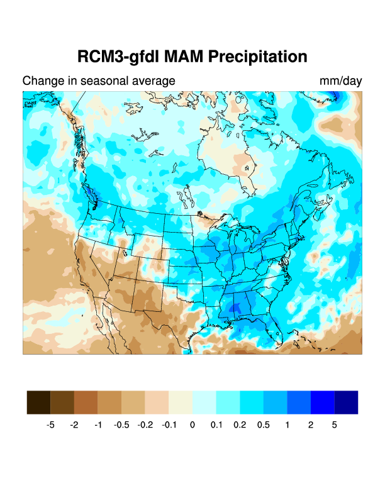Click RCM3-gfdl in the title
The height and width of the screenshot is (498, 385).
(x=118, y=57)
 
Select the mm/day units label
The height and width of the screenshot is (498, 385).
(x=340, y=81)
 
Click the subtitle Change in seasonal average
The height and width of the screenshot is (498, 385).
(x=99, y=81)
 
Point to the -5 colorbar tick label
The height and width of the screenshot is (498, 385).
(x=50, y=425)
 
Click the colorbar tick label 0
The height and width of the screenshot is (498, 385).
(x=192, y=425)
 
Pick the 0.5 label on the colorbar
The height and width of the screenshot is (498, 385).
(x=264, y=425)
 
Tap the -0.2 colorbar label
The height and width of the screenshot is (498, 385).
(x=145, y=425)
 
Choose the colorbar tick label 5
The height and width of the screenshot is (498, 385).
(x=335, y=425)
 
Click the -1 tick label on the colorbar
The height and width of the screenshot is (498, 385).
(x=98, y=425)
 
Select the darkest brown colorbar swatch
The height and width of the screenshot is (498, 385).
(x=38, y=402)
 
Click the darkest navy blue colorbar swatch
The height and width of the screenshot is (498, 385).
(x=347, y=402)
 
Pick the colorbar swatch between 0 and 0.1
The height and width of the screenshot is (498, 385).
(x=204, y=402)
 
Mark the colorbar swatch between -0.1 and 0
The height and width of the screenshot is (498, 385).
(x=181, y=402)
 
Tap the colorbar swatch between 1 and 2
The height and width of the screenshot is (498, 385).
(x=299, y=402)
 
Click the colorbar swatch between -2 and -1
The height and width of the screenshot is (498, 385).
(x=86, y=402)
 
